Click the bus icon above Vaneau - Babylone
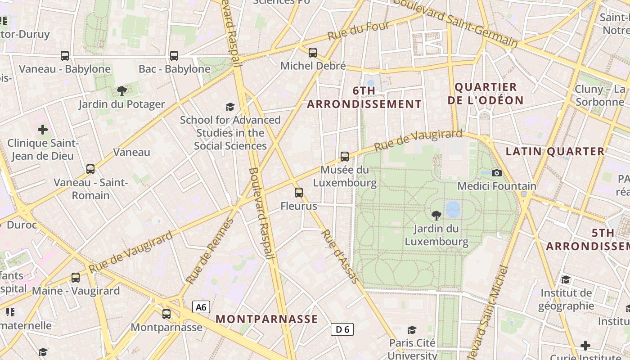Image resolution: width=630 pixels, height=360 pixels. tap(65, 56)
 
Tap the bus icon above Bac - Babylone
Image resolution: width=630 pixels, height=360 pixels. tap(174, 56)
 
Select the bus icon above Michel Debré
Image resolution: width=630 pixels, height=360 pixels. tap(313, 53)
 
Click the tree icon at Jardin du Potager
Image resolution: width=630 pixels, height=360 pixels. tap(121, 91)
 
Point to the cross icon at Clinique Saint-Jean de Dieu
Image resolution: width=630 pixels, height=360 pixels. tap(43, 130)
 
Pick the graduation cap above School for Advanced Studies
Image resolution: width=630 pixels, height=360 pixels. tap(230, 107)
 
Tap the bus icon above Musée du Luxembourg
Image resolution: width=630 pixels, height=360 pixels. tap(345, 157)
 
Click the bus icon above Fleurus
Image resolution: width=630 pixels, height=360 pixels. tap(299, 193)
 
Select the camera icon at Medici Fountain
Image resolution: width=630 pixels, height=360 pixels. tap(497, 173)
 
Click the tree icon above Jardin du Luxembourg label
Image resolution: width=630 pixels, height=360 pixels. tap(436, 215)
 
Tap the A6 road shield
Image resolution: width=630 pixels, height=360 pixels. tap(201, 307)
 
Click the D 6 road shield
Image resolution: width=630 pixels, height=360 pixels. tap(342, 329)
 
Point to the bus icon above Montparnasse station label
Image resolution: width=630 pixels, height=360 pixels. tap(166, 314)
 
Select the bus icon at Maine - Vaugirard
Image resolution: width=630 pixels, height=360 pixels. tap(76, 277)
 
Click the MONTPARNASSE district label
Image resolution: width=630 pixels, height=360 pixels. tap(267, 319)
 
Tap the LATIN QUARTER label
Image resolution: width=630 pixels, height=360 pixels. tap(555, 152)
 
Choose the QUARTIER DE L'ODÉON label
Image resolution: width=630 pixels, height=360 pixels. tap(486, 94)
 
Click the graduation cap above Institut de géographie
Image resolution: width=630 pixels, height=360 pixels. tap(566, 279)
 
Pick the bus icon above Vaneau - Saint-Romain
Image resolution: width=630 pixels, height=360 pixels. tap(90, 169)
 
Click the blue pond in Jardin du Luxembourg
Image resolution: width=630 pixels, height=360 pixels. tap(453, 209)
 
